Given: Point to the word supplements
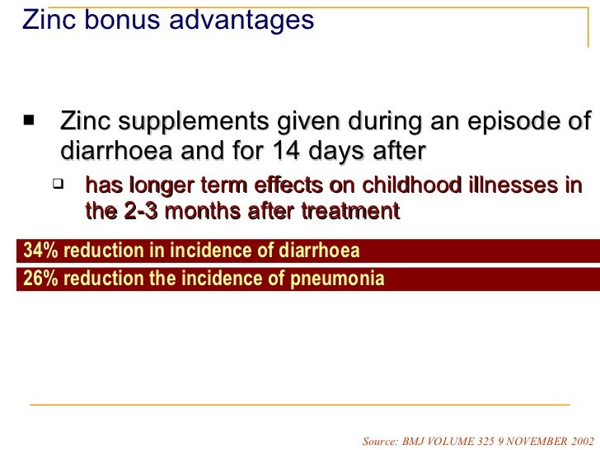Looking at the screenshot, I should point(190,124).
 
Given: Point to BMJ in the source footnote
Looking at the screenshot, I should point(415,440).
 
